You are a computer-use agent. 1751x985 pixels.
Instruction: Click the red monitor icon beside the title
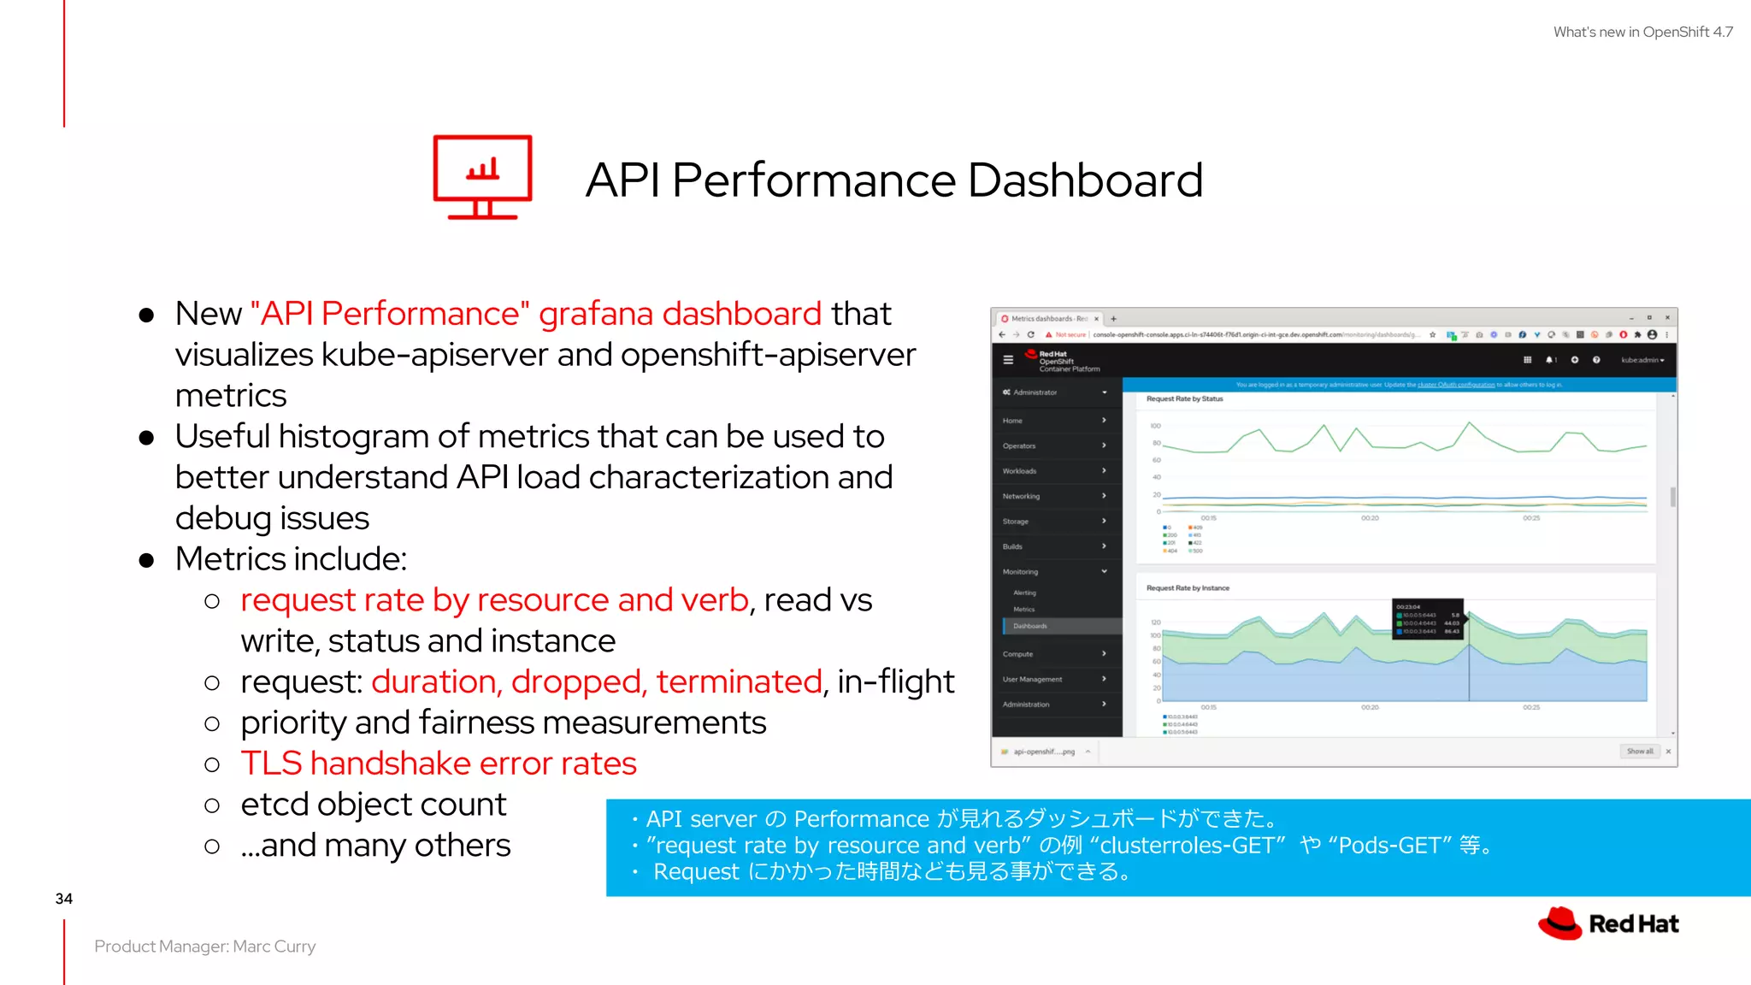(x=482, y=177)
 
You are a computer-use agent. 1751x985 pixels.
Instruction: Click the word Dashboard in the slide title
(x=1085, y=180)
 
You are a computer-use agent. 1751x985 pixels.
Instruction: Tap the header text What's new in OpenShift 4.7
(x=1642, y=32)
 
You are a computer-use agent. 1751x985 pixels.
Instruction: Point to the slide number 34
(x=64, y=899)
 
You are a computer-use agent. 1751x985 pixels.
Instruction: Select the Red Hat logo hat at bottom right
(x=1560, y=923)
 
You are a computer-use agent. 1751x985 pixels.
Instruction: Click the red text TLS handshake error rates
(x=438, y=764)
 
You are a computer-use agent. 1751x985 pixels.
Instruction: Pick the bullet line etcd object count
(x=374, y=805)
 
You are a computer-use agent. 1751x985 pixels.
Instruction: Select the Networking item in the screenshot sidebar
(x=1021, y=496)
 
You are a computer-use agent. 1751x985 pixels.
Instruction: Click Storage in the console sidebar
(x=1016, y=522)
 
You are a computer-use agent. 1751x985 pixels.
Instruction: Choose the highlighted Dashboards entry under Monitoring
(x=1030, y=626)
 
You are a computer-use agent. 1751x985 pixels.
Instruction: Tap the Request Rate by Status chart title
(x=1184, y=399)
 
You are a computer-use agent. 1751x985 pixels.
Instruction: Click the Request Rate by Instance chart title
(x=1188, y=588)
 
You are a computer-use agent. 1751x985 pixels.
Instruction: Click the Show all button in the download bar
(x=1639, y=752)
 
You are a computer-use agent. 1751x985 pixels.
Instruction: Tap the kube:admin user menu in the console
(x=1642, y=360)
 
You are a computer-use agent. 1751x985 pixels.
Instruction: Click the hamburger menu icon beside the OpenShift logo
(x=1008, y=360)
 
